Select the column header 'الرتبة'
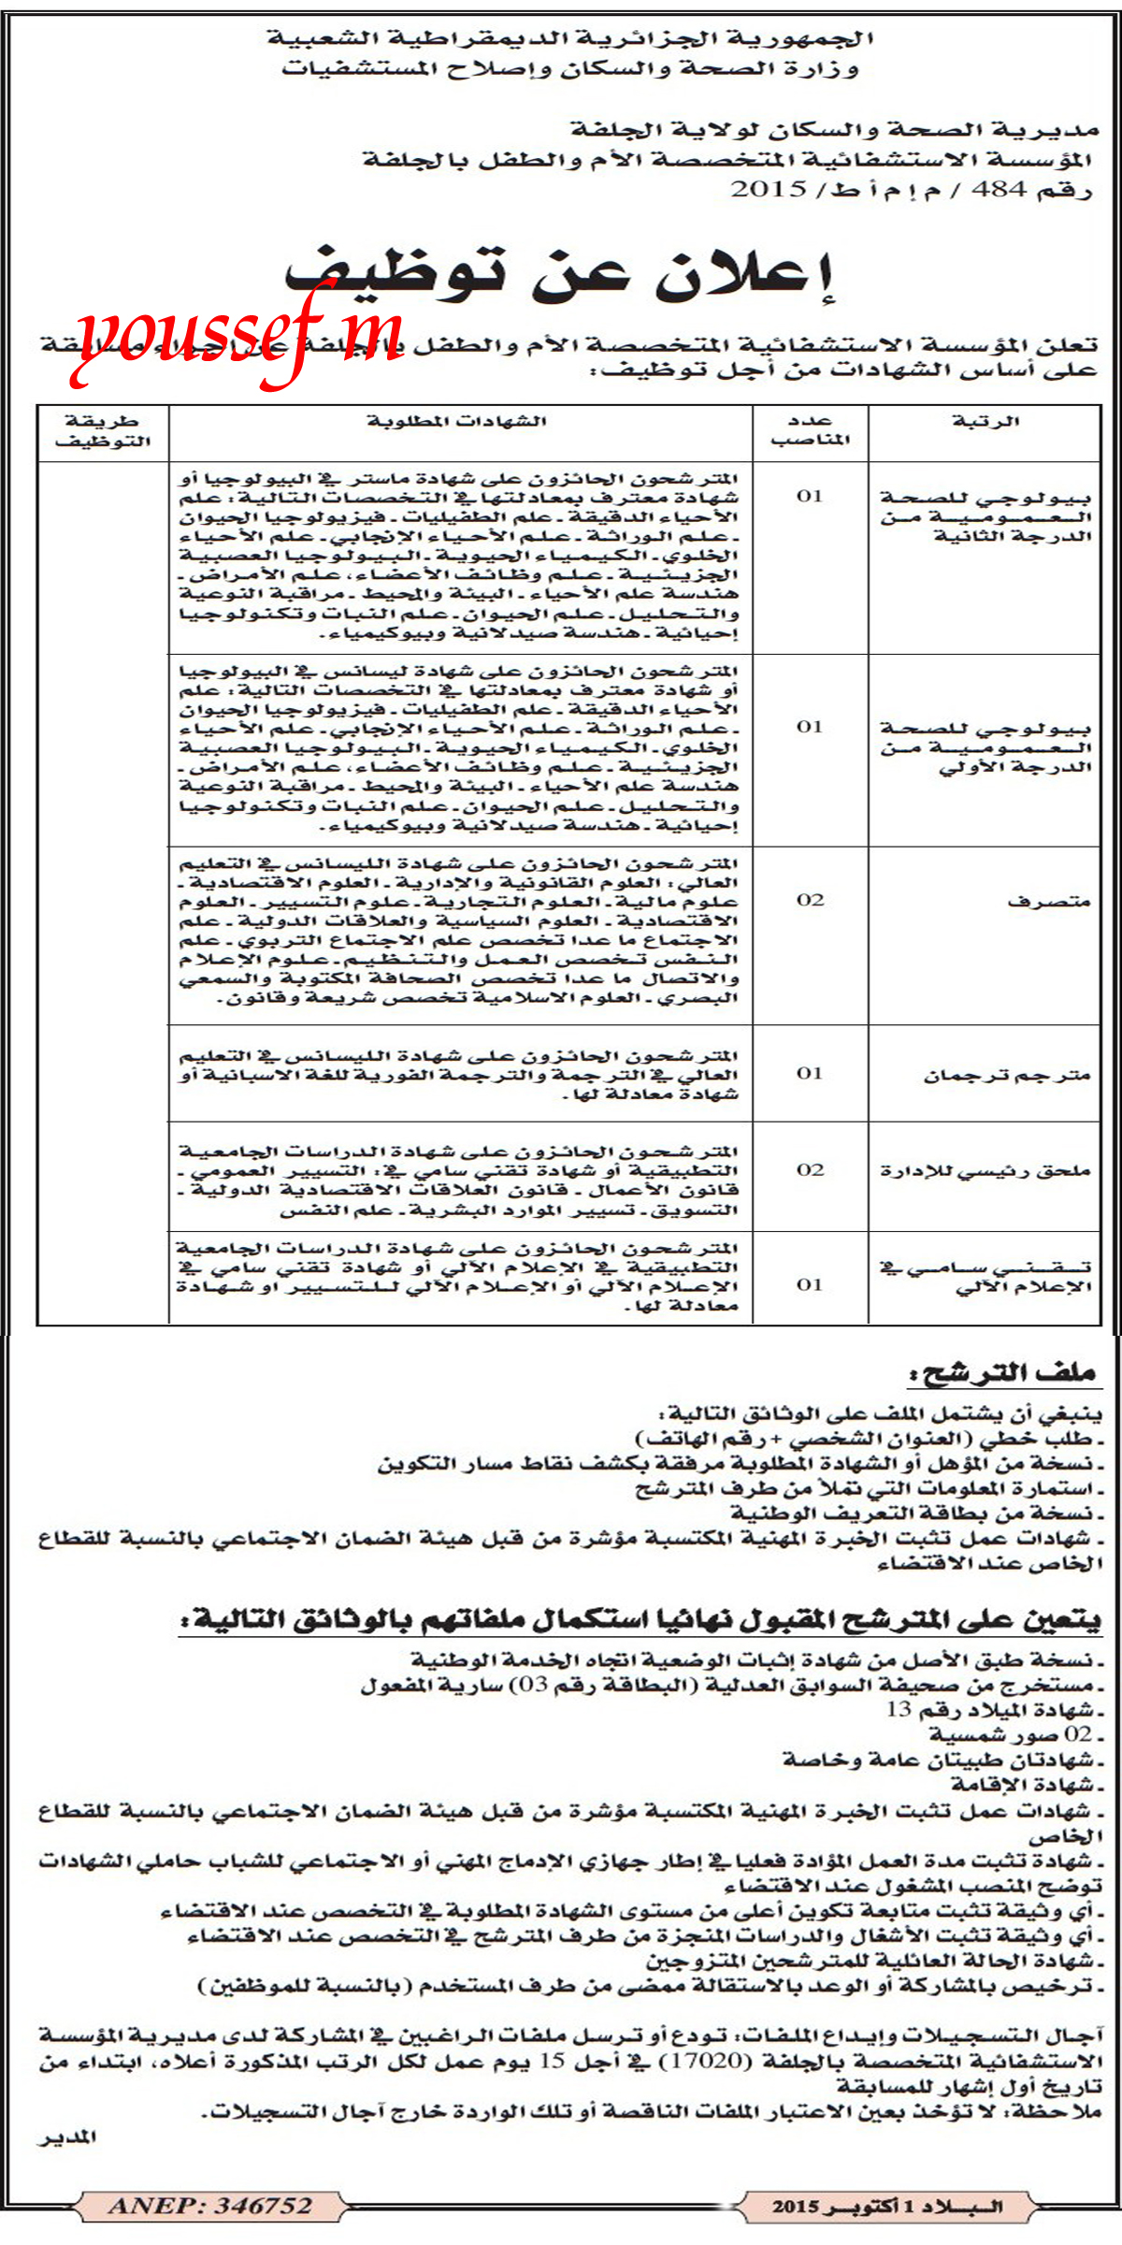pyautogui.click(x=985, y=421)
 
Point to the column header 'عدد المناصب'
pyautogui.click(x=810, y=430)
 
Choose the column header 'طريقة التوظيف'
pyautogui.click(x=103, y=430)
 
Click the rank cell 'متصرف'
pyautogui.click(x=1049, y=902)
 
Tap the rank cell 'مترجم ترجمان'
pyautogui.click(x=1008, y=1075)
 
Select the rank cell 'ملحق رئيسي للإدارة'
pyautogui.click(x=985, y=1170)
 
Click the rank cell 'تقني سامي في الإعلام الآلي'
pyautogui.click(x=985, y=1276)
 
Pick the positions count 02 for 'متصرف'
pyautogui.click(x=810, y=900)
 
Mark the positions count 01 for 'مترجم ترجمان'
pyautogui.click(x=810, y=1073)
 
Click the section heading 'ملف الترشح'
pyautogui.click(x=1002, y=1373)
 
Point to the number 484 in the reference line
pyautogui.click(x=1000, y=189)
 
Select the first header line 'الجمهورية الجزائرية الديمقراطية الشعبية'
pyautogui.click(x=570, y=39)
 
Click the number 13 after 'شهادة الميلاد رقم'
pyautogui.click(x=899, y=1709)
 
